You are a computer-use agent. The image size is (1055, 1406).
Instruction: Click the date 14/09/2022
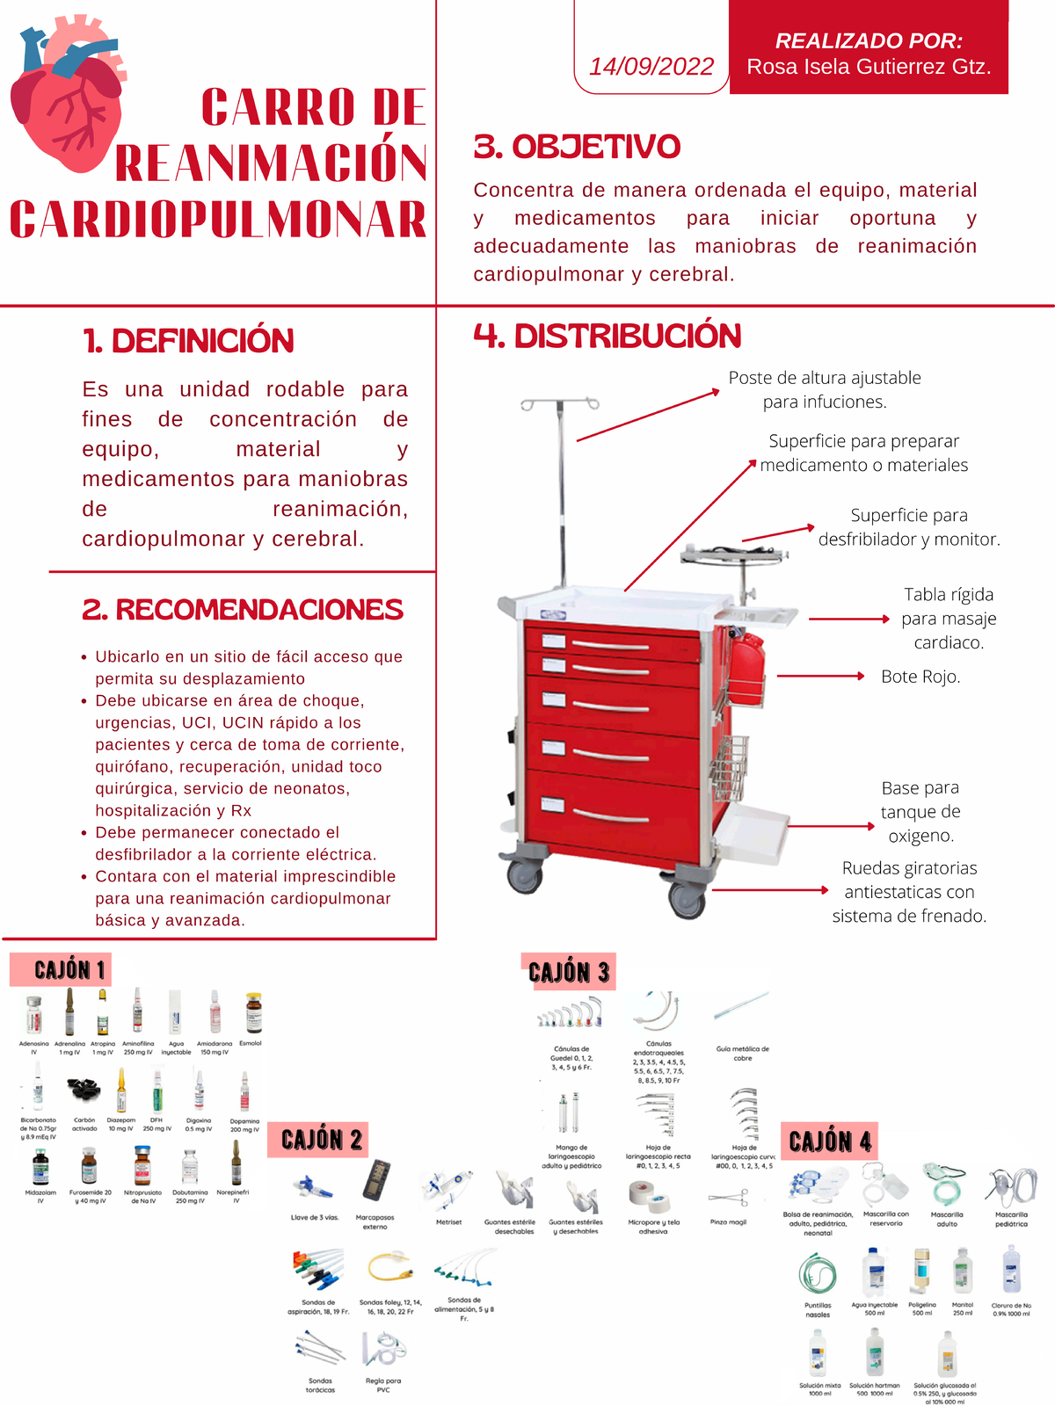point(651,67)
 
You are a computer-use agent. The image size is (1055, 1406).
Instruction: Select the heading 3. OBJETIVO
point(577,147)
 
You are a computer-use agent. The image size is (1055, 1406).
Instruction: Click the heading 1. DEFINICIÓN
point(188,341)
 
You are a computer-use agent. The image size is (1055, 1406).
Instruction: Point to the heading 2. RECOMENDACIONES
point(243,610)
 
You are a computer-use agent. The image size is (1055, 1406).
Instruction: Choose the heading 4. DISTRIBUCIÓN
point(608,336)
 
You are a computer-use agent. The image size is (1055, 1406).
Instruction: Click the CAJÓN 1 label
point(69,969)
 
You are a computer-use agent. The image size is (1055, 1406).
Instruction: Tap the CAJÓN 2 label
point(321,1140)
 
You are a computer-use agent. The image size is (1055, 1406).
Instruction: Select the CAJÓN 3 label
point(569,972)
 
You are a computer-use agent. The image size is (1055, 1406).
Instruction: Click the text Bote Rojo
point(920,677)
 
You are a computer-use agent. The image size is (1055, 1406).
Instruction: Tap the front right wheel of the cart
point(687,898)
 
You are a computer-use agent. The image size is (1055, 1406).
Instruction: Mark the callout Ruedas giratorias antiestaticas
point(909,892)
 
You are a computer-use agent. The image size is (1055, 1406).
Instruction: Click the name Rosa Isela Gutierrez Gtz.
point(869,67)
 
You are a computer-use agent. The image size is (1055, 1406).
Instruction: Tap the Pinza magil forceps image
point(728,1198)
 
